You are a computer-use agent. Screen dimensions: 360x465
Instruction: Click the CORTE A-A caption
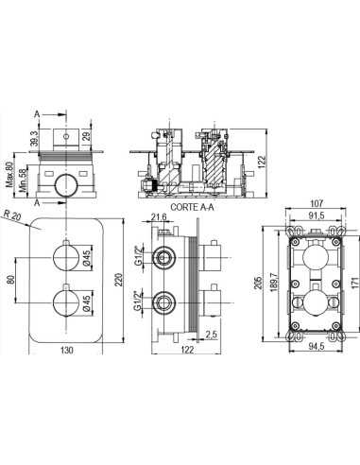pyautogui.click(x=192, y=207)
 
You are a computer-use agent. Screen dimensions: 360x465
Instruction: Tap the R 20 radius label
pyautogui.click(x=11, y=215)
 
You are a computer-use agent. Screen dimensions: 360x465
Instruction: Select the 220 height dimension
pyautogui.click(x=119, y=280)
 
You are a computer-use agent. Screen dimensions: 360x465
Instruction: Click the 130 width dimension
pyautogui.click(x=66, y=350)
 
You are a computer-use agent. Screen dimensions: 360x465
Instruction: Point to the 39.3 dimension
pyautogui.click(x=35, y=138)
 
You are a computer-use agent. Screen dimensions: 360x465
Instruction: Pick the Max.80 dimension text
pyautogui.click(x=9, y=174)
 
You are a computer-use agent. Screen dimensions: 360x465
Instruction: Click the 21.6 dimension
pyautogui.click(x=159, y=216)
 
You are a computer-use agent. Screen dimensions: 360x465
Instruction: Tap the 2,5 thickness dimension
pyautogui.click(x=212, y=335)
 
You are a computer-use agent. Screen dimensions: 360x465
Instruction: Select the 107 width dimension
pyautogui.click(x=317, y=203)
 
